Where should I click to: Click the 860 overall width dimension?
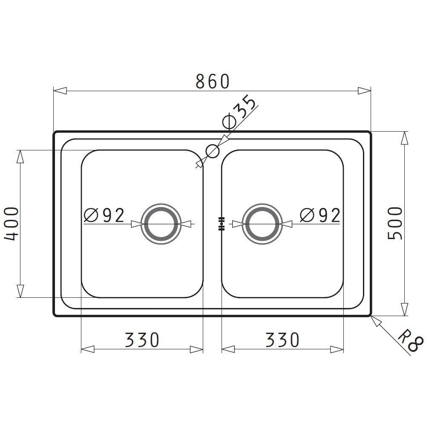pyautogui.click(x=212, y=81)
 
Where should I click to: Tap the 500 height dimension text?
pyautogui.click(x=395, y=223)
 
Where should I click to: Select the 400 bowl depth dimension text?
pyautogui.click(x=12, y=223)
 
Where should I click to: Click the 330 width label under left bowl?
pyautogui.click(x=142, y=340)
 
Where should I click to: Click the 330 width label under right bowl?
pyautogui.click(x=282, y=340)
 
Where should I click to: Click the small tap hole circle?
pyautogui.click(x=212, y=150)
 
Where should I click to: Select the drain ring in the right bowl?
pyautogui.click(x=262, y=223)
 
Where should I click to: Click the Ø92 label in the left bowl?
pyautogui.click(x=104, y=216)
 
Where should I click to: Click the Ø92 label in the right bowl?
pyautogui.click(x=320, y=216)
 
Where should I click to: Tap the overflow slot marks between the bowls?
pyautogui.click(x=221, y=223)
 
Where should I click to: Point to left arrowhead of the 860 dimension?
pyautogui.click(x=60, y=90)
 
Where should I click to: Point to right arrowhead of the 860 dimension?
pyautogui.click(x=364, y=90)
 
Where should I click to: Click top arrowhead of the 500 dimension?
pyautogui.click(x=404, y=137)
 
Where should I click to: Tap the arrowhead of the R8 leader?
pyautogui.click(x=376, y=321)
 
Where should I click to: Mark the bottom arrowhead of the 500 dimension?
pyautogui.click(x=404, y=309)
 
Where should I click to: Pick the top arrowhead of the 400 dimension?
pyautogui.click(x=20, y=156)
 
